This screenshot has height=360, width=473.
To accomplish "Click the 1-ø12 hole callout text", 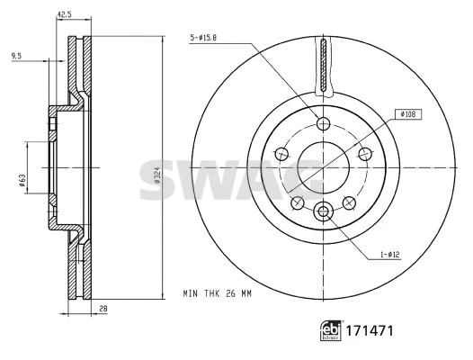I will coord(388,256).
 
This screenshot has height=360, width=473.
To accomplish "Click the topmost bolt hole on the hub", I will coord(323,123).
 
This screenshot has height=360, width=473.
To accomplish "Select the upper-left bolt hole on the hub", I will coord(281,154).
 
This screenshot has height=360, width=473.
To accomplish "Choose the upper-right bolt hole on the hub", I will coord(364,154).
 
